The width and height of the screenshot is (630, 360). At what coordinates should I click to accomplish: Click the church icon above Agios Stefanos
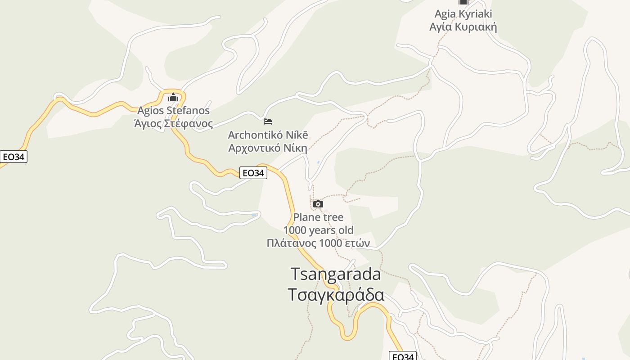point(173,98)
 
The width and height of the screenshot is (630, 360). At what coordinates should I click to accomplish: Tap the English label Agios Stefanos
point(173,110)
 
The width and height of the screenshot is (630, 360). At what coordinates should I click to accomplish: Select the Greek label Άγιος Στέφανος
point(173,123)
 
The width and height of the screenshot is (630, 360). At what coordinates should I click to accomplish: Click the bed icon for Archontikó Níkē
point(268,121)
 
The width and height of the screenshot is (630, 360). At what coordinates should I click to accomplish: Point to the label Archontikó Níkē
point(268,135)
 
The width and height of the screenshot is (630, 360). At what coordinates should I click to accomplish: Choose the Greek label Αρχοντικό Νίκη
point(268,148)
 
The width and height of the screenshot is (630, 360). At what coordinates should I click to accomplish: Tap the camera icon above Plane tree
point(318,204)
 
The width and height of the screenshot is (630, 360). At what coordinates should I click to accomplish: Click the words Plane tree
point(318,217)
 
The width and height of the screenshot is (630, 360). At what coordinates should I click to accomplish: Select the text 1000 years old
point(318,230)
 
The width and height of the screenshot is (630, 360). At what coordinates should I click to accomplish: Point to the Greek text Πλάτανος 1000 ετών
point(318,243)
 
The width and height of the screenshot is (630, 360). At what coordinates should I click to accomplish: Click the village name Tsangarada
point(336,274)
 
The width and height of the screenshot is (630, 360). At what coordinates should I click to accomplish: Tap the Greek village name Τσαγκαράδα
point(336,295)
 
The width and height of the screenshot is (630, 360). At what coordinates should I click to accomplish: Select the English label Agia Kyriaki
point(463,14)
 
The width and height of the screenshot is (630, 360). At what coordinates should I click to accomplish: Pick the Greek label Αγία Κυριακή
point(463,27)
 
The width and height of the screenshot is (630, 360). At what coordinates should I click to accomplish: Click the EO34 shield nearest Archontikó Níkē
point(253,173)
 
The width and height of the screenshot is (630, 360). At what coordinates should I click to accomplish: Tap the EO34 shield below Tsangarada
point(402,356)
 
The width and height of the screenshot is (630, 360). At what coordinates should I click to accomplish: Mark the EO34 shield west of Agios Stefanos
point(13,157)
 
